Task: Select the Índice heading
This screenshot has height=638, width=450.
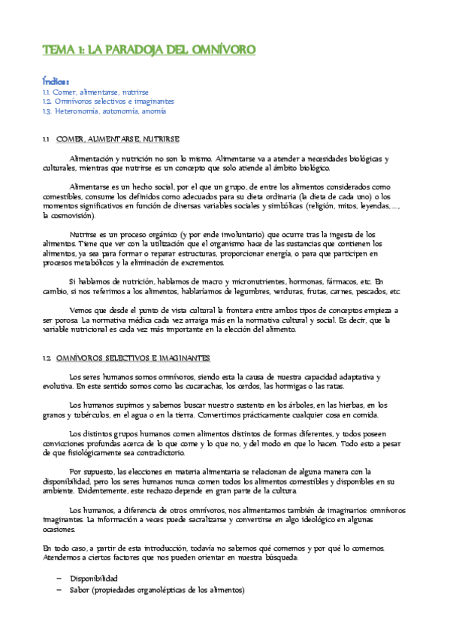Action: (x=56, y=81)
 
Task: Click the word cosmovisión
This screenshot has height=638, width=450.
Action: (x=68, y=214)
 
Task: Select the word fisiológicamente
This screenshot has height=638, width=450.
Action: (x=95, y=453)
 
